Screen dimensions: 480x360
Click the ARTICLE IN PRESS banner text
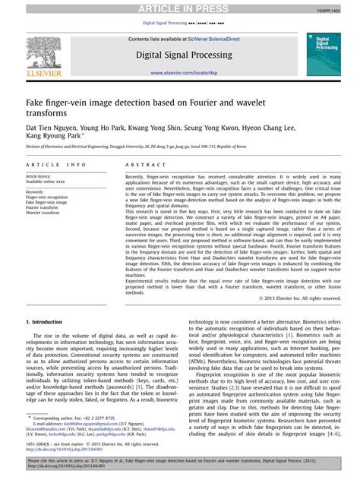[x=180, y=8]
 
